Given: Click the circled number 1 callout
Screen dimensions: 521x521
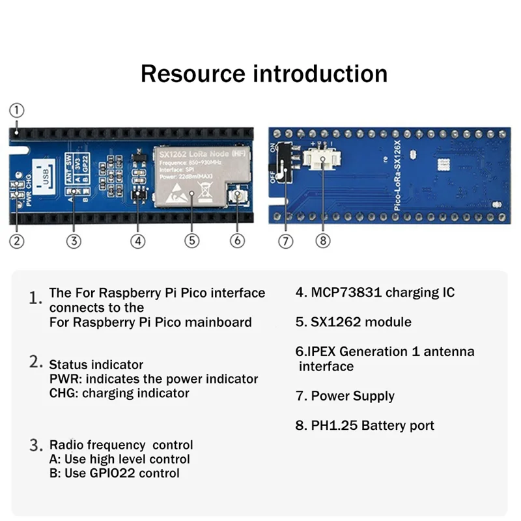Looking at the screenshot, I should pos(17,110).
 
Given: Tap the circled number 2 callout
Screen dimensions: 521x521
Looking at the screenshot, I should pos(17,241).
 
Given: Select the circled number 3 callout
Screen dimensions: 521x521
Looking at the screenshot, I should pos(74,241).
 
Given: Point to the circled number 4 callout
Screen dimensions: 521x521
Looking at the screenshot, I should pos(137,241).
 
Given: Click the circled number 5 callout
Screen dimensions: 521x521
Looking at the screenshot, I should pos(191,241).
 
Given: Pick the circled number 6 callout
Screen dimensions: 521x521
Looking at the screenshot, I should pos(238,241).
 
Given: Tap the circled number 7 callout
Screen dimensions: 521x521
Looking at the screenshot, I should pos(286,241).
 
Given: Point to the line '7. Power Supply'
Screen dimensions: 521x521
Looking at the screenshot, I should pos(345,396).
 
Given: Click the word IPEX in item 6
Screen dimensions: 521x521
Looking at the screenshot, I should pos(323,352).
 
